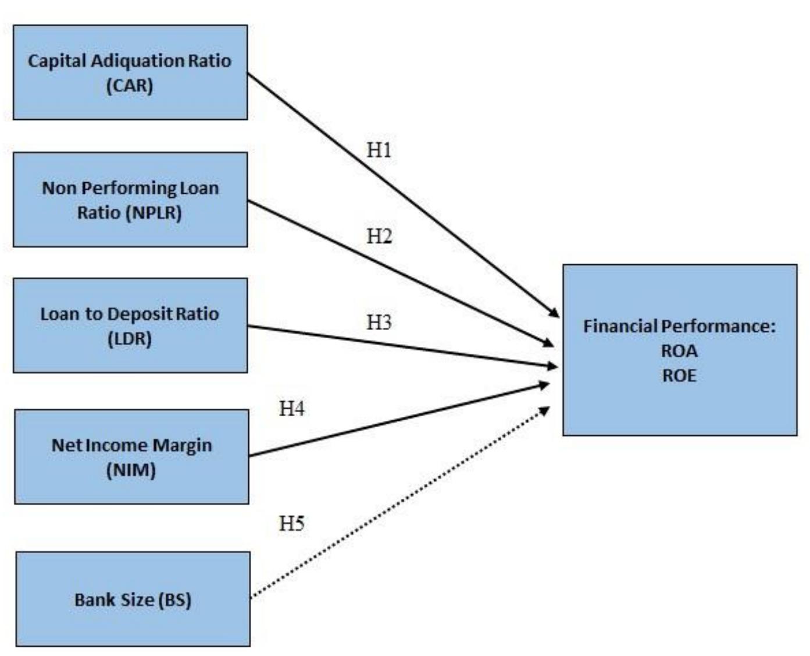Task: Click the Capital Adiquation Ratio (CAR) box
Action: tap(130, 73)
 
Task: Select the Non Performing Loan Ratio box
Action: tap(130, 200)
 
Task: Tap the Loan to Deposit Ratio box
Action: tap(130, 325)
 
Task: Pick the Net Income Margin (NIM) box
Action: tap(131, 457)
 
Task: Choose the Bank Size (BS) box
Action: tap(133, 600)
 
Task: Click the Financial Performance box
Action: tap(679, 350)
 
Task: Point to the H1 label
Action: tap(379, 150)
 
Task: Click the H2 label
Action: tap(379, 236)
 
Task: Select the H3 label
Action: tap(379, 322)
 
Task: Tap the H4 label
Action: tap(291, 409)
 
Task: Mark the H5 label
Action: tap(291, 523)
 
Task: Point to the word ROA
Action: tap(679, 351)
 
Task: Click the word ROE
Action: tap(679, 375)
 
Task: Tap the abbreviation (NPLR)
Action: tap(154, 212)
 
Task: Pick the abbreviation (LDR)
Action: tap(130, 338)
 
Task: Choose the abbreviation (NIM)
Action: tap(131, 470)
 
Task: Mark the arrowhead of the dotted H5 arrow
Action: tap(545, 410)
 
